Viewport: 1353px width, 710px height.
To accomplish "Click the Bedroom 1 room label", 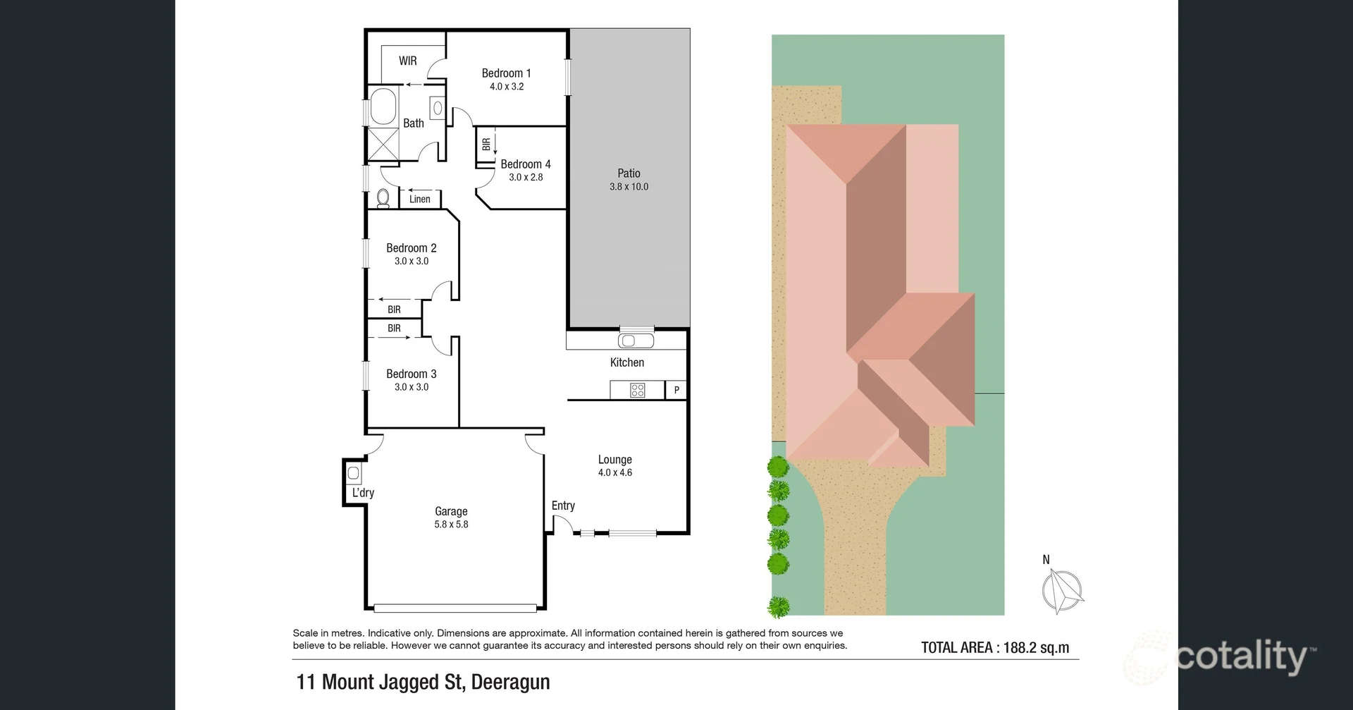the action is coord(506,73).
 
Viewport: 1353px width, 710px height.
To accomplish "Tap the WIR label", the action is coord(408,61).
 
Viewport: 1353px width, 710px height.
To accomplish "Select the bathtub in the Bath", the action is coord(384,106).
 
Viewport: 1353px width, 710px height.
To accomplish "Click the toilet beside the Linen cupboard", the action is coord(383,199).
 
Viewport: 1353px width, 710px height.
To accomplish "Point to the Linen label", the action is coord(420,199).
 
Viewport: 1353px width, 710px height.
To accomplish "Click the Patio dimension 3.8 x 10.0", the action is coord(629,187).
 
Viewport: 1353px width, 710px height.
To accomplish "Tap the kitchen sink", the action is coord(636,341).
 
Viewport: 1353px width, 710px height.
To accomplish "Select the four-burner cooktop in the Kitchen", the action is coord(638,390).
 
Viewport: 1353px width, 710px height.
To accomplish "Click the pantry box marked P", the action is coord(676,390).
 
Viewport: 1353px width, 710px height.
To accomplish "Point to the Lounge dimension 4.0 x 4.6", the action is coord(615,472).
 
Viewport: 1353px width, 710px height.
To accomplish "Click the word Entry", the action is coord(563,506).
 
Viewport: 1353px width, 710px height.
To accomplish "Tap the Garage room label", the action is coord(451,511).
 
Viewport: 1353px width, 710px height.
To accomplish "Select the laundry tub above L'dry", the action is coord(354,472).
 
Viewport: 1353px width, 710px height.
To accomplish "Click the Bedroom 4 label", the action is coord(526,164).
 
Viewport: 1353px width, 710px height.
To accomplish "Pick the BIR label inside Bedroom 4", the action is coord(486,145).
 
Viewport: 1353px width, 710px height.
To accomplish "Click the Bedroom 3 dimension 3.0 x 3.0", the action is coord(412,387).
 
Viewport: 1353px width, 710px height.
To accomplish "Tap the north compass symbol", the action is coord(1063,591).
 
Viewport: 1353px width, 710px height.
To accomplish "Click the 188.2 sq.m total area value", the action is coord(1036,647).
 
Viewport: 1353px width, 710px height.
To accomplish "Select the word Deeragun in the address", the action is coord(510,683).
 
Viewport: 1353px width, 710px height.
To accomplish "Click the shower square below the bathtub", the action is coord(384,145).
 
